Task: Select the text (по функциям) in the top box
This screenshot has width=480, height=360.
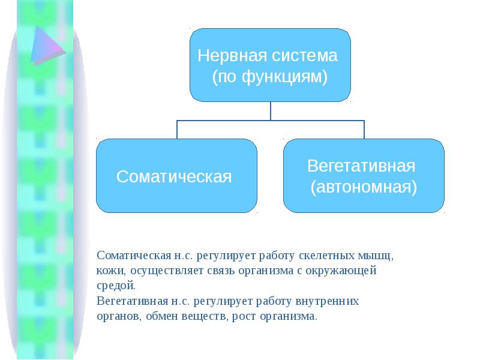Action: [270, 77]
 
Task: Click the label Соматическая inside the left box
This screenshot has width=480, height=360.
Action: [174, 176]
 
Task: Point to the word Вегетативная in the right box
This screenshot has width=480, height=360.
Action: [361, 166]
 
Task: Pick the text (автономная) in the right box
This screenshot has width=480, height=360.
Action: [364, 187]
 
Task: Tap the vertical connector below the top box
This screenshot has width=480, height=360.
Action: [271, 111]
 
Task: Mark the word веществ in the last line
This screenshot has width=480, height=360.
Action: [205, 316]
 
